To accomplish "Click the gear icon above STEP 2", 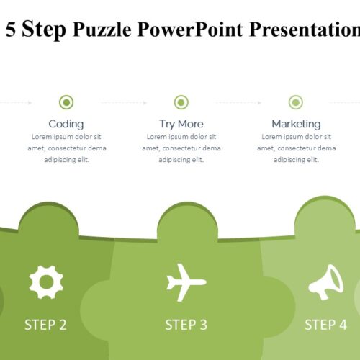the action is [46, 282].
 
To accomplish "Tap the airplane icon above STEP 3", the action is [186, 282].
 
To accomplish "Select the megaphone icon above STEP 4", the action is [325, 282].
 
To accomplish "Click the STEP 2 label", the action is [45, 325].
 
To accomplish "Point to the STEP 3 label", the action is [186, 325].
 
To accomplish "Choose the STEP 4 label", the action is [325, 325].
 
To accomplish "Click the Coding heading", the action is [66, 125].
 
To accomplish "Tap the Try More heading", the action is [181, 125].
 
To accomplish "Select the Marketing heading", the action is [296, 125].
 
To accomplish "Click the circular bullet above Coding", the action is [66, 102].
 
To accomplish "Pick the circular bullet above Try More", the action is [181, 102].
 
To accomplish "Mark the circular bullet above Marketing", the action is [296, 102].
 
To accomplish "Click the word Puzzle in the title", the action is [102, 30].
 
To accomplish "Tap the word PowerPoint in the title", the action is [190, 30].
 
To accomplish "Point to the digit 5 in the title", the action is [11, 30].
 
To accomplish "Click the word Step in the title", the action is [44, 30].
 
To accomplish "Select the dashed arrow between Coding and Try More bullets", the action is [124, 103].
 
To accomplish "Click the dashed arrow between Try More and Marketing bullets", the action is [238, 103].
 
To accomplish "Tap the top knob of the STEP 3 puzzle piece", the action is [187, 221].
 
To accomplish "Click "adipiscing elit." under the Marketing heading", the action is [296, 160].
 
